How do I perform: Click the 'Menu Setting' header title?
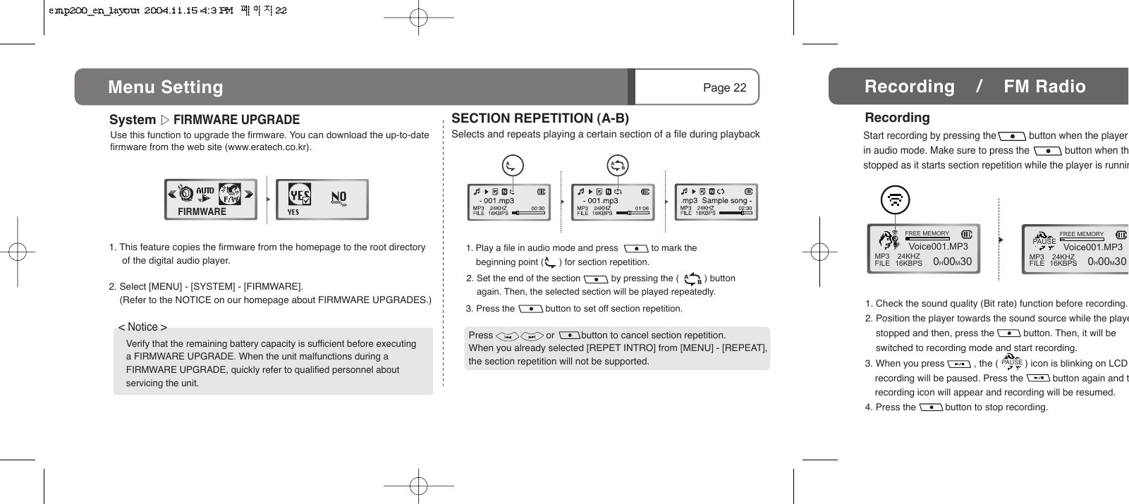pyautogui.click(x=166, y=87)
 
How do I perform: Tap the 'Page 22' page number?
pyautogui.click(x=724, y=87)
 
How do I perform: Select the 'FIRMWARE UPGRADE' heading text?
pyautogui.click(x=236, y=120)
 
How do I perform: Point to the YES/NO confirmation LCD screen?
pyautogui.click(x=322, y=199)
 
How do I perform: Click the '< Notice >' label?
pyautogui.click(x=142, y=327)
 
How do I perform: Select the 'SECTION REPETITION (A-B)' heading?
pyautogui.click(x=540, y=118)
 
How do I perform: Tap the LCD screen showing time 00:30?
pyautogui.click(x=508, y=202)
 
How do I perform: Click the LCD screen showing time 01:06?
pyautogui.click(x=613, y=202)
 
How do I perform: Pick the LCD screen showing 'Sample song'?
pyautogui.click(x=716, y=202)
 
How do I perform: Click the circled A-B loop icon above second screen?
pyautogui.click(x=617, y=166)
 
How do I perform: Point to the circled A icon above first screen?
pyautogui.click(x=513, y=166)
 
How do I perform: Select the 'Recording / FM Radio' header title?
pyautogui.click(x=975, y=87)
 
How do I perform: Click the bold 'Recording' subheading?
pyautogui.click(x=897, y=118)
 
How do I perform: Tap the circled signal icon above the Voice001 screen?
pyautogui.click(x=895, y=200)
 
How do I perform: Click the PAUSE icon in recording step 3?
pyautogui.click(x=1011, y=362)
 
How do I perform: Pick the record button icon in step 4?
pyautogui.click(x=931, y=407)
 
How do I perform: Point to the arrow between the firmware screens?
pyautogui.click(x=268, y=199)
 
